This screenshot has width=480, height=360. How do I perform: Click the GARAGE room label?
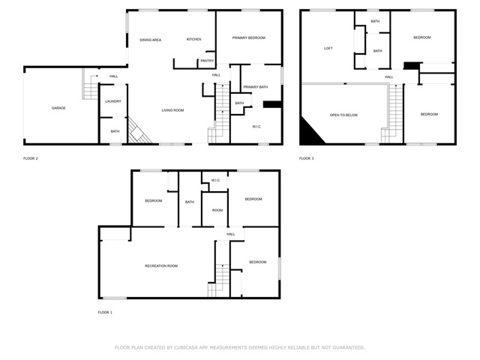click(58, 108)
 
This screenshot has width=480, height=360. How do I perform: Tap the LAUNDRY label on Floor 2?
click(113, 101)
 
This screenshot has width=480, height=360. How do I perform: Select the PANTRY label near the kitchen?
click(207, 61)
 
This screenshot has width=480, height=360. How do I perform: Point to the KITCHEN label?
click(193, 40)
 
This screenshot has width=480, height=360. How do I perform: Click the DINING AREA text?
click(150, 40)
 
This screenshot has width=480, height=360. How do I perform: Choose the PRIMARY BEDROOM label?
click(248, 38)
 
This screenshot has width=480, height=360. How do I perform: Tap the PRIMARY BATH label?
click(255, 87)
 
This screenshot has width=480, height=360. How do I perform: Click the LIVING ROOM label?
click(172, 110)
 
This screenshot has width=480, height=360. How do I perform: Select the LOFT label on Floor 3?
click(328, 48)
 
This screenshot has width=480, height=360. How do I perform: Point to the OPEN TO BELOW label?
click(343, 115)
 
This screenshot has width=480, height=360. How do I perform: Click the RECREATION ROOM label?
click(161, 266)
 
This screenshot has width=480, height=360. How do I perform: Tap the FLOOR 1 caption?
click(105, 313)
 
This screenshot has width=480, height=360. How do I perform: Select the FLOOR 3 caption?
click(307, 158)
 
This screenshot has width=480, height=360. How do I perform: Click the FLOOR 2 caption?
click(31, 158)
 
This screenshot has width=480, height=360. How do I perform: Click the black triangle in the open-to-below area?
click(310, 133)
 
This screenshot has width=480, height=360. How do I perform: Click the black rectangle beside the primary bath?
click(271, 104)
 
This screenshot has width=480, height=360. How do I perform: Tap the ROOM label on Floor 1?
click(217, 211)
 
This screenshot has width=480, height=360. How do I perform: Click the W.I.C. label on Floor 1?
click(215, 181)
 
